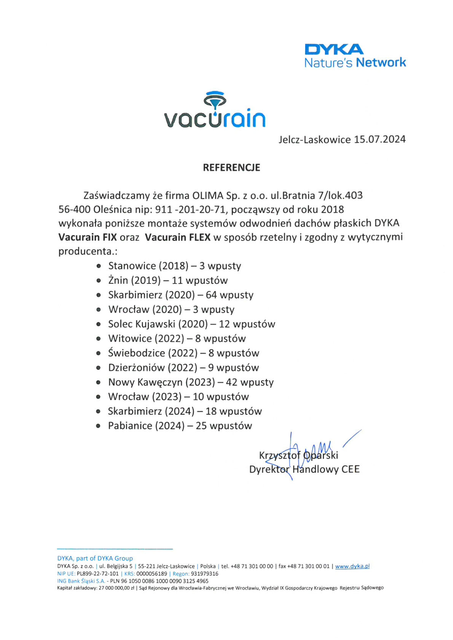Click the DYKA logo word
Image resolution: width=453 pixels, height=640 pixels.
(x=334, y=49)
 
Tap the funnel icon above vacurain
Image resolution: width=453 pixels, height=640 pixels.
(x=215, y=100)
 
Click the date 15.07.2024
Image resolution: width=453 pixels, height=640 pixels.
(x=380, y=140)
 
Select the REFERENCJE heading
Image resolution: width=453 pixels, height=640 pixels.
(x=231, y=168)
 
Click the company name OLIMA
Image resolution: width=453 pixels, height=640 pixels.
(x=208, y=196)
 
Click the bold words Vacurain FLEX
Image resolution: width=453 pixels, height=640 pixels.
(x=178, y=237)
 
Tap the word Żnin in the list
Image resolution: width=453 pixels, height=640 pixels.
(x=118, y=280)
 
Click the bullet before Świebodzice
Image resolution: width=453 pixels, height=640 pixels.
(x=99, y=353)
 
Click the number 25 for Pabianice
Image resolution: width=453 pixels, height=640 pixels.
(x=201, y=426)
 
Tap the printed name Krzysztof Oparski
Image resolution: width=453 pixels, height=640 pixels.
(x=298, y=455)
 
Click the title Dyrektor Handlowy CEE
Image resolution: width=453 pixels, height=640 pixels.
(x=304, y=469)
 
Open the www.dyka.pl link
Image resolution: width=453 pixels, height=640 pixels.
(x=352, y=566)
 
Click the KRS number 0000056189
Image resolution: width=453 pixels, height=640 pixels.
(x=152, y=574)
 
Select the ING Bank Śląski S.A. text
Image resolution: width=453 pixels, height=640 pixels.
(x=81, y=581)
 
